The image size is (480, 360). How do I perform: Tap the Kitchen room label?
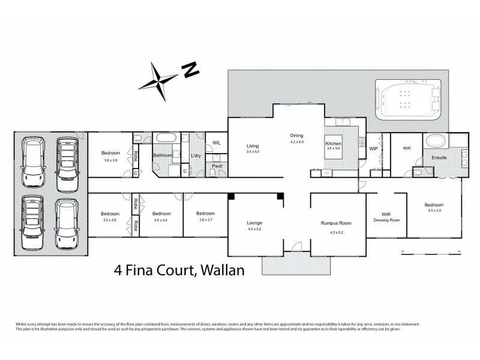tap(333, 144)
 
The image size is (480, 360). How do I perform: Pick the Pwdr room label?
tap(217, 167)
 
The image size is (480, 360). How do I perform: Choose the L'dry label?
tap(196, 156)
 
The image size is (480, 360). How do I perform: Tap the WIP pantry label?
tap(373, 148)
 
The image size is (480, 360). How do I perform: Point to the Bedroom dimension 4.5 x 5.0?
tap(434, 210)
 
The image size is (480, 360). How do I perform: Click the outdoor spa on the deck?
tap(408, 99)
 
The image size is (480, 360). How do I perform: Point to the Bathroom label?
tap(163, 155)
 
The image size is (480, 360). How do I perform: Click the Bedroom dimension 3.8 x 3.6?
tap(110, 160)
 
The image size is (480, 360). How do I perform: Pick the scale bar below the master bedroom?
tap(430, 250)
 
